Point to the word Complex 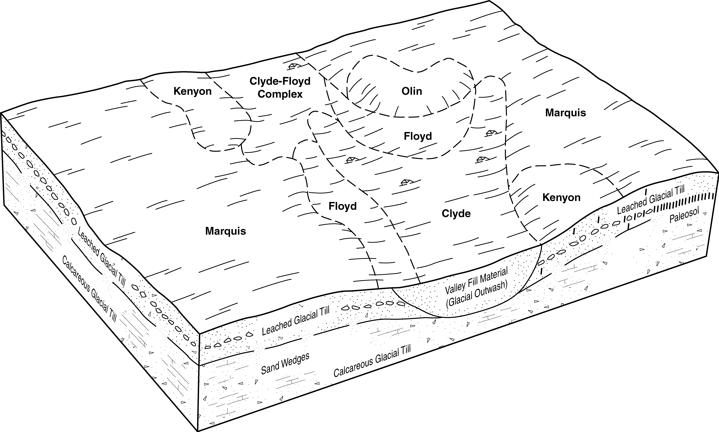click(280, 94)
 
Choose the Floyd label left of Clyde click(342, 206)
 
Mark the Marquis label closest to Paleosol click(565, 113)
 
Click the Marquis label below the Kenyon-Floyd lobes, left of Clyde click(225, 231)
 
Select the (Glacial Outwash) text click(477, 295)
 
